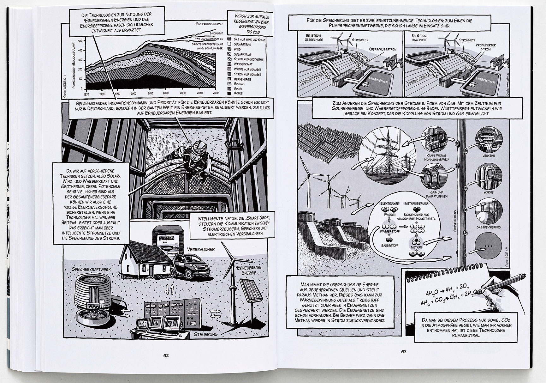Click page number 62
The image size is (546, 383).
pos(166,355)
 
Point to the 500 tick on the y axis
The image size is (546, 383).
pos(80,41)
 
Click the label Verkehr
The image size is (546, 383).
pos(489,156)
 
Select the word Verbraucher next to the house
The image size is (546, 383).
pos(201,249)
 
